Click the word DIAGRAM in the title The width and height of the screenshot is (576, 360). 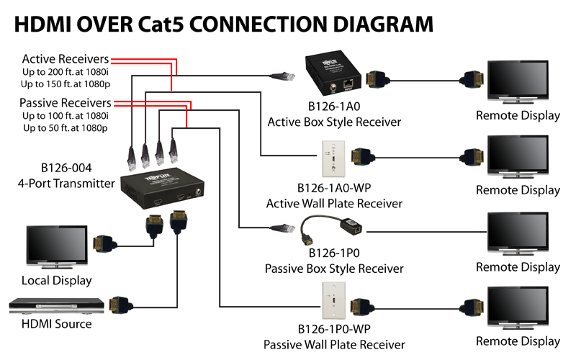click(x=383, y=24)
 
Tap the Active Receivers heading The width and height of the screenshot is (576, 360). click(x=66, y=59)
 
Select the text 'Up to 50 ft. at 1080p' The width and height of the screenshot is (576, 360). click(x=66, y=128)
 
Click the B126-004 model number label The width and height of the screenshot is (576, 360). click(x=66, y=168)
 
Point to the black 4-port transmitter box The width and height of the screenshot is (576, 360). click(x=163, y=188)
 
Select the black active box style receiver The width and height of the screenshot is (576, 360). click(x=333, y=73)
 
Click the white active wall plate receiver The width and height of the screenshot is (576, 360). click(x=333, y=158)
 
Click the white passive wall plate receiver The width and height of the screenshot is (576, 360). click(x=333, y=300)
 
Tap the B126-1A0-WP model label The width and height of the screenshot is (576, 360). click(x=334, y=188)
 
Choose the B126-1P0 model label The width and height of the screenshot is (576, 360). click(x=334, y=253)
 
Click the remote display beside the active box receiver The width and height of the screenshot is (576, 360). click(x=518, y=82)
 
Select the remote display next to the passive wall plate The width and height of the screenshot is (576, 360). click(x=518, y=308)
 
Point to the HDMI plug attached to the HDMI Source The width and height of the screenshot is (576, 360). click(x=120, y=305)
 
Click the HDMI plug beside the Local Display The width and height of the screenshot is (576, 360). click(x=104, y=244)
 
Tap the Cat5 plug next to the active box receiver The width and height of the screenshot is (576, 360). click(x=283, y=76)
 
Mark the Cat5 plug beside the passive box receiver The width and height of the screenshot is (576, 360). click(x=282, y=228)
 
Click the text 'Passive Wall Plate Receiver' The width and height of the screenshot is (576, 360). click(x=334, y=345)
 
